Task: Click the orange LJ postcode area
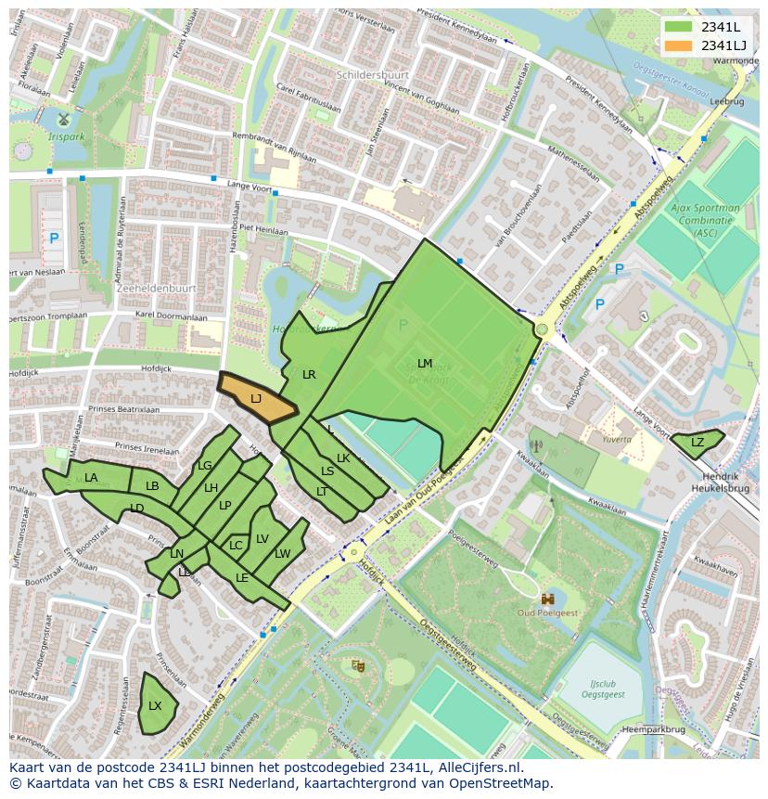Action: click(256, 398)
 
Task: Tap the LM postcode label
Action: click(425, 363)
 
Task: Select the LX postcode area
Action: click(156, 705)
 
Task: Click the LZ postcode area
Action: click(698, 444)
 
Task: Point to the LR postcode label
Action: click(309, 375)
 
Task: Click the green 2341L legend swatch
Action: click(679, 27)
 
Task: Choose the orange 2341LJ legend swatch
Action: click(679, 45)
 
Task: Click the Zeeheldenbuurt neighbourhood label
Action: click(156, 289)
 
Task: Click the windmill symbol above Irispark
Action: click(63, 119)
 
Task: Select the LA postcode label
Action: click(91, 478)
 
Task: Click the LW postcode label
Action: click(283, 554)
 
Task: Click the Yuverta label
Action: click(616, 439)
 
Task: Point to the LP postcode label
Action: click(224, 506)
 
